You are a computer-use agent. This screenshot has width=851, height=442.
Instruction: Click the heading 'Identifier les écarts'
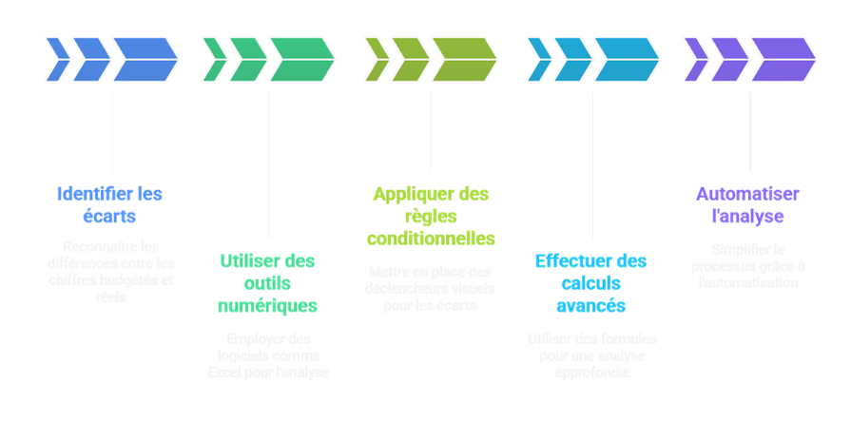109,204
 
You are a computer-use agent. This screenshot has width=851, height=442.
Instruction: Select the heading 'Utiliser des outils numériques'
267,282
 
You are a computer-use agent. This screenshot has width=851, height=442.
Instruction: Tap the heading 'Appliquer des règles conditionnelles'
431,216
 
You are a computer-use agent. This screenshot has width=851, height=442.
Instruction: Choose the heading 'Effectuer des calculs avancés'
590,282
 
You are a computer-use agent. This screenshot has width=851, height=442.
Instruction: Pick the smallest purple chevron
695,59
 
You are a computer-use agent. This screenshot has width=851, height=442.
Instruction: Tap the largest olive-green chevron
463,59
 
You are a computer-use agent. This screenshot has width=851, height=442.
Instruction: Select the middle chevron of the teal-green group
247,59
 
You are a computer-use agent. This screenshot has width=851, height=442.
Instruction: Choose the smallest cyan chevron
538,59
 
